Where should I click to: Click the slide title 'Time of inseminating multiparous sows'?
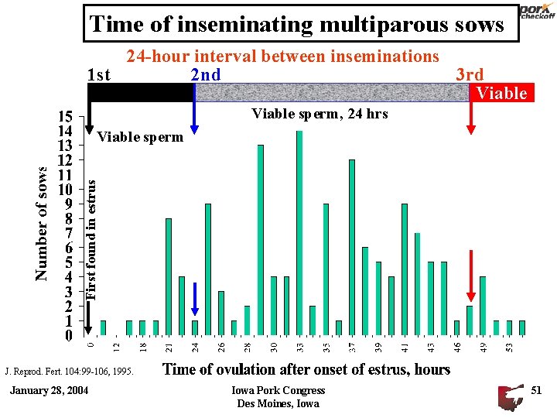point(297,24)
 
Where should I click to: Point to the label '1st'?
point(99,75)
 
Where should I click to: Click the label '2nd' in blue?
point(205,75)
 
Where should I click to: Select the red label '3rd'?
point(470,74)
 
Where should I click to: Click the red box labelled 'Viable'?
point(502,93)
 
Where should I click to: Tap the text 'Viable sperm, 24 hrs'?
point(320,114)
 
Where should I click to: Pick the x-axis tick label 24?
point(196,349)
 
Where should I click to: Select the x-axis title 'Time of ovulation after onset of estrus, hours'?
point(306,369)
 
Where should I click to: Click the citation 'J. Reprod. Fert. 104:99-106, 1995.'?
point(69,372)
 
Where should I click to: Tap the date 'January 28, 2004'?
point(49,390)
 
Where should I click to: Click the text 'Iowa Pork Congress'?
point(278,390)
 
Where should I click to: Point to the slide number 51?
point(536,390)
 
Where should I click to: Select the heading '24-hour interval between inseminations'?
point(282,56)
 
